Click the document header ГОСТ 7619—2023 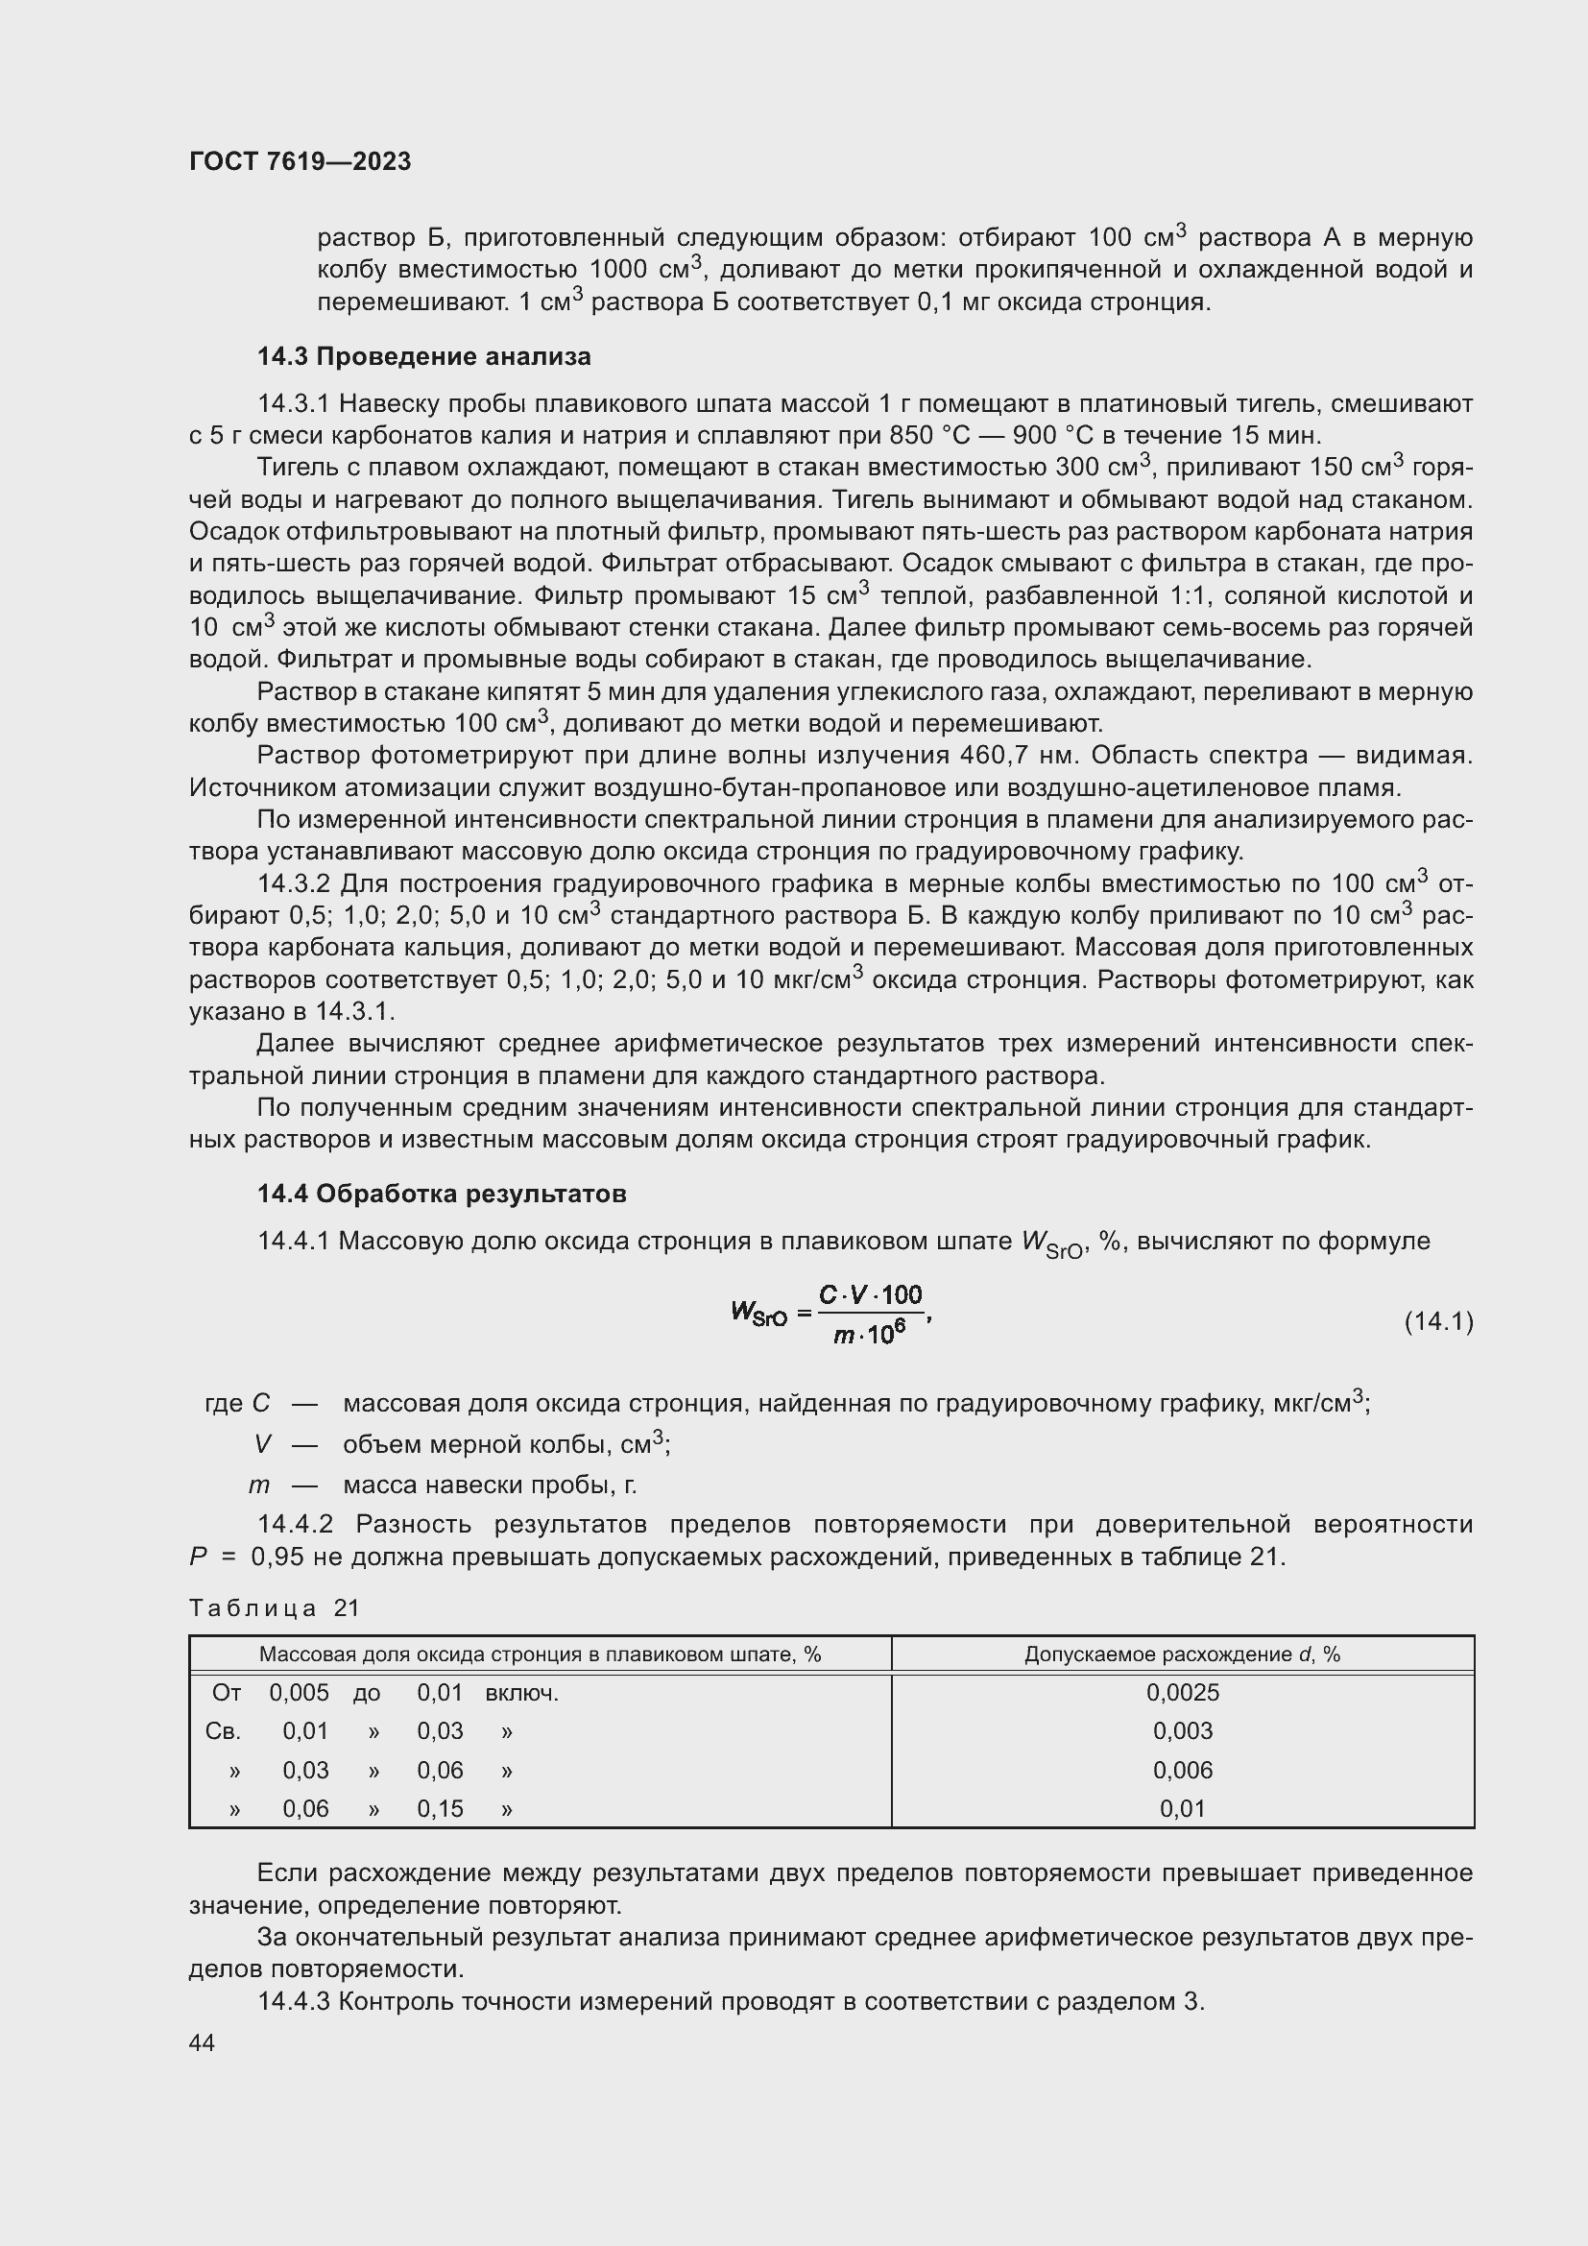tap(300, 161)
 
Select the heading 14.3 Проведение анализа tap(423, 356)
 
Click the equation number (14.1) tap(1437, 1321)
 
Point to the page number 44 tap(202, 2042)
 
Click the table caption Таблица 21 tap(275, 1607)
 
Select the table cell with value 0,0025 tap(1182, 1692)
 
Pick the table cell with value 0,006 tap(1182, 1770)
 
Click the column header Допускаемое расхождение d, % tap(1182, 1654)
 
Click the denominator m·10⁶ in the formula tap(869, 1335)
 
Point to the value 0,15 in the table tap(440, 1809)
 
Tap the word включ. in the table tap(521, 1692)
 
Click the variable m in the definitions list tap(258, 1485)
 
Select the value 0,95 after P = tap(277, 1557)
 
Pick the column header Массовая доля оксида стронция tap(540, 1654)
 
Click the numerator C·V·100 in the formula tap(870, 1295)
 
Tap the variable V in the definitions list tap(262, 1444)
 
